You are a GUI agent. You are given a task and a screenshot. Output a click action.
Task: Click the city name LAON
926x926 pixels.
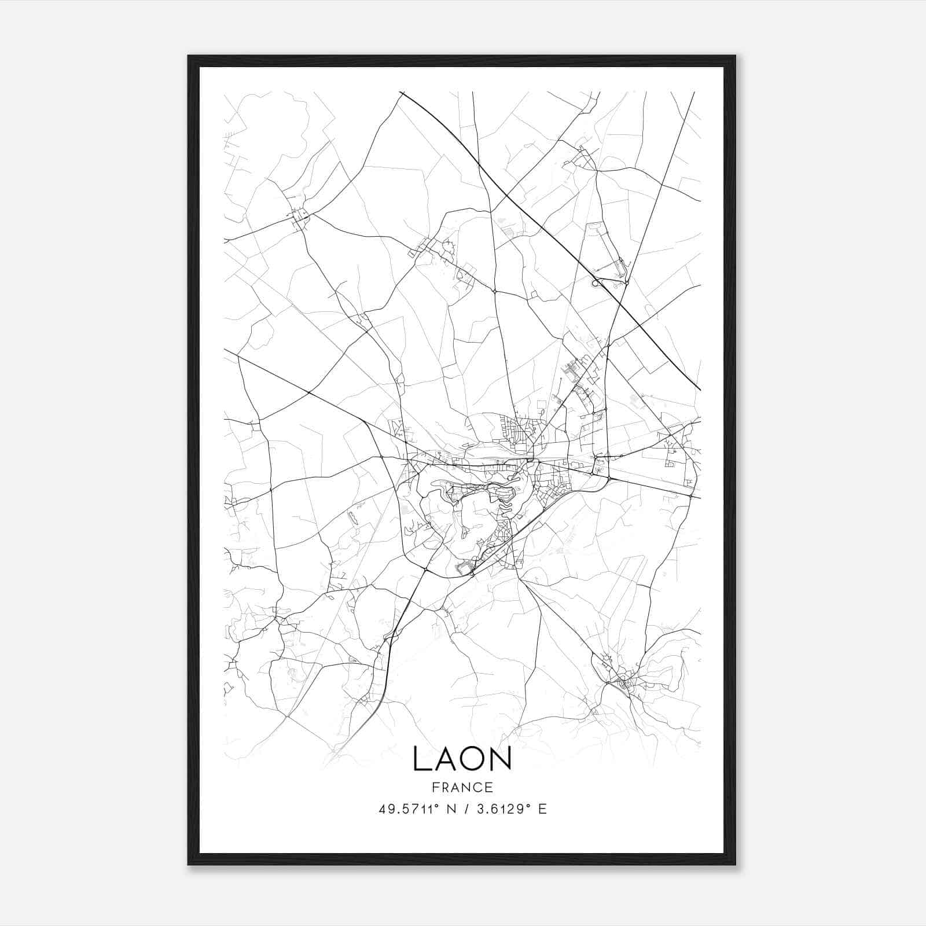click(x=462, y=759)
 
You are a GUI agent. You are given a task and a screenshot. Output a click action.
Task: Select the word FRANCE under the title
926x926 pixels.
click(x=462, y=787)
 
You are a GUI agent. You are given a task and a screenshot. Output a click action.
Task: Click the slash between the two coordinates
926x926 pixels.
click(x=466, y=809)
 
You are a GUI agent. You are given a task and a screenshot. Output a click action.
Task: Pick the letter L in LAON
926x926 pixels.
click(x=421, y=759)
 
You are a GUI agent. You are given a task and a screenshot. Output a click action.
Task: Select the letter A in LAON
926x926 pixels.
click(x=446, y=759)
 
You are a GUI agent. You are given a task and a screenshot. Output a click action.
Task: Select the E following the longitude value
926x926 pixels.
click(x=542, y=809)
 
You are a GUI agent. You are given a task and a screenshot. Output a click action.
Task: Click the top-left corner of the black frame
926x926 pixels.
click(x=189, y=56)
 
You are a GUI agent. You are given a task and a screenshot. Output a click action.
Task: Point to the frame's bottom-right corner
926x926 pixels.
click(x=734, y=864)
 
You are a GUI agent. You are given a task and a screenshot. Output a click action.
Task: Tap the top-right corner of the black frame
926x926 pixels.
click(x=734, y=56)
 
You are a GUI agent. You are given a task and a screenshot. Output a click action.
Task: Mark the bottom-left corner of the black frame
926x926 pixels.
click(x=189, y=864)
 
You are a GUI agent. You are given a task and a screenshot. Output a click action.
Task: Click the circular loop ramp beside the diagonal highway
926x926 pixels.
click(x=596, y=282)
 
